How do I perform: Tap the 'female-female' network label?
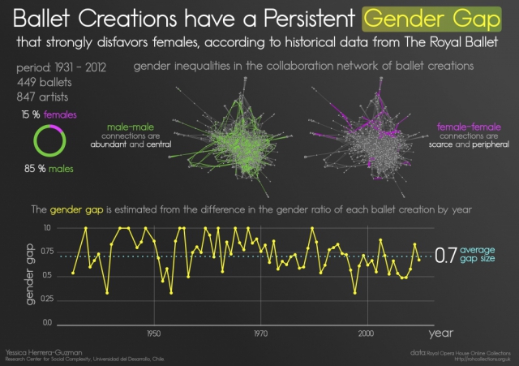[469, 127]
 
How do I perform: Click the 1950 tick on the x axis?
[153, 334]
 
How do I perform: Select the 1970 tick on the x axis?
[260, 334]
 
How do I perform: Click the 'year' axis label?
[441, 333]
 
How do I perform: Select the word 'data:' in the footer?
[418, 351]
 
